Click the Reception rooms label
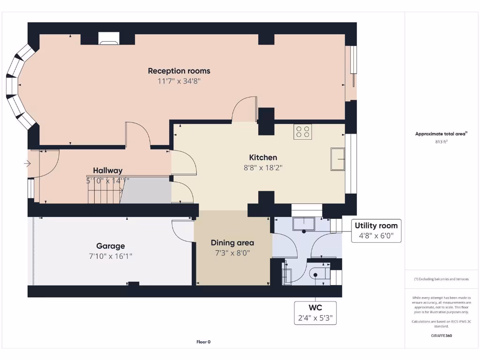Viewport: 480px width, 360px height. coord(179,71)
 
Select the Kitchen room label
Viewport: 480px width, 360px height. coord(263,157)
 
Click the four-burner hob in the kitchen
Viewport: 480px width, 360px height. coord(302,132)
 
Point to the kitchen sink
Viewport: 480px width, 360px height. coord(337,159)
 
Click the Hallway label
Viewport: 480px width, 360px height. coord(107,171)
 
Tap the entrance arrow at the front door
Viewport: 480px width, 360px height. coord(27,164)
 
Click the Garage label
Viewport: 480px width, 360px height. coord(111,246)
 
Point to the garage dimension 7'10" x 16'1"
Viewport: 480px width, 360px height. coord(111,256)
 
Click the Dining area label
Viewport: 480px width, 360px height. coord(232,242)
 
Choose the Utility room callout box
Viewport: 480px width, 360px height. coord(376,231)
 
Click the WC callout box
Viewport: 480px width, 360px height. coord(315,313)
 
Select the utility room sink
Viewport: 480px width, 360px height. coord(304,224)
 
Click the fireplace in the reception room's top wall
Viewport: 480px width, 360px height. coord(108,38)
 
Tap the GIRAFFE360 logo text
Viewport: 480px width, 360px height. coord(442,336)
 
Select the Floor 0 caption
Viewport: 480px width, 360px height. coord(203,342)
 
